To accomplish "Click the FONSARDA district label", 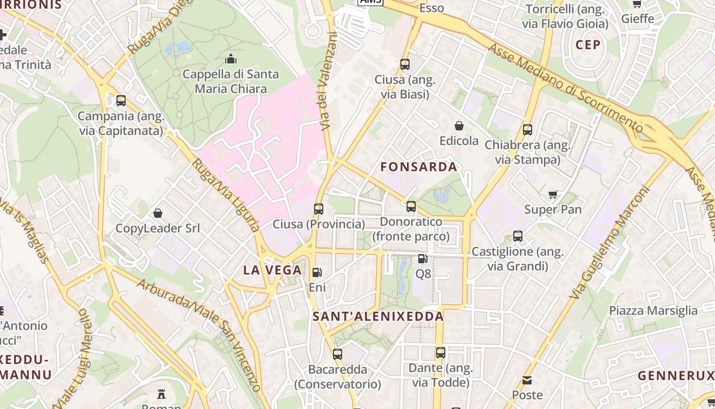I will pos(419,167).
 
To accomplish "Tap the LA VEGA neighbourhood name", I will pos(272,270).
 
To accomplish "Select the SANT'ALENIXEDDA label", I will pos(378,316).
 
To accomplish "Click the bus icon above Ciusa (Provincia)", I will pos(319,209).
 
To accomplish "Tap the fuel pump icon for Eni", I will pos(317,272).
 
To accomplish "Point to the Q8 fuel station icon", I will pos(423,259).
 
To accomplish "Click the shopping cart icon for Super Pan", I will pos(553,194).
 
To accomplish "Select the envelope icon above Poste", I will pos(527,380).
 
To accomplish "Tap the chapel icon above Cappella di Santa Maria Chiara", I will pos(231,59).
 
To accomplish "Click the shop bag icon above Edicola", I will pos(459,126).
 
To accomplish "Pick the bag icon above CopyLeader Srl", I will pos(158,213).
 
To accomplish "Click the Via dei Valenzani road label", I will pos(327,81).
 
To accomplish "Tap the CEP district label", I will pos(588,45).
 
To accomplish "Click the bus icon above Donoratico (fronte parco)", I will pos(411,207).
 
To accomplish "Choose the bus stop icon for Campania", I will pos(121,101).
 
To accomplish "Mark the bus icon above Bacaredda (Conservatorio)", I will pos(338,354).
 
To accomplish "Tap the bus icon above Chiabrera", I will pos(528,130).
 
